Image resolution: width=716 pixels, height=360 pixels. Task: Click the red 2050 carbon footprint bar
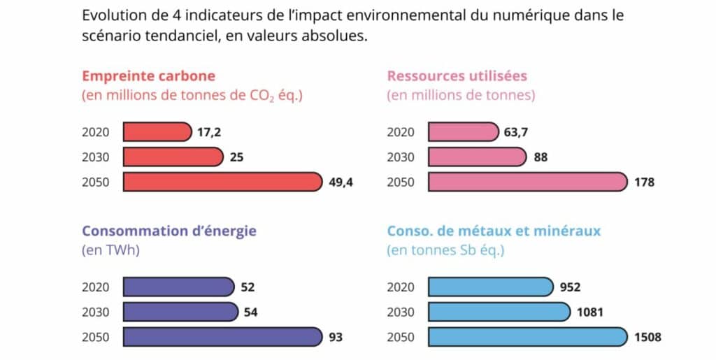pos(223,182)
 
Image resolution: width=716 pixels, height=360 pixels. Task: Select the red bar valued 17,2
pos(157,132)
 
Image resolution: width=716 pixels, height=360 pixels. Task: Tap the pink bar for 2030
pos(477,157)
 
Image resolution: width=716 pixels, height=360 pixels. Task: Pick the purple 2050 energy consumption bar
pos(223,337)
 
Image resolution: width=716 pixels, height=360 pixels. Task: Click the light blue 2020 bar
pos(491,287)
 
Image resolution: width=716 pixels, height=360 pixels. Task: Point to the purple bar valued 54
pos(181,312)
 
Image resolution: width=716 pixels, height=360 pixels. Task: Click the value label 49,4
pos(341,182)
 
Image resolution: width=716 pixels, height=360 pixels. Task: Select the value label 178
pos(644,182)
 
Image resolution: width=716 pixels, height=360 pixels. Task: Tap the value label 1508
pos(647,337)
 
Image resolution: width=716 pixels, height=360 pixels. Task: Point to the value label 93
pos(336,337)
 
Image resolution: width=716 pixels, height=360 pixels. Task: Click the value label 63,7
pos(516,132)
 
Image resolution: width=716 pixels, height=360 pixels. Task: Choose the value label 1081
pos(590,312)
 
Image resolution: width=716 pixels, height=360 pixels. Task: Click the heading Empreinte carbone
pos(148,76)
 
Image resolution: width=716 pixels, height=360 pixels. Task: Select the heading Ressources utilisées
pos(457,75)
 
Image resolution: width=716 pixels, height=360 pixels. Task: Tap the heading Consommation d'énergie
pos(169,231)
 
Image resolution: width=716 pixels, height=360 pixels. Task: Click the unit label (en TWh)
pos(111,250)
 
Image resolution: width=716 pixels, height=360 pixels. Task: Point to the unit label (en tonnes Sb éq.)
pos(445,250)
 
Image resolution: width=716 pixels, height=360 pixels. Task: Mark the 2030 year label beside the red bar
pos(96,157)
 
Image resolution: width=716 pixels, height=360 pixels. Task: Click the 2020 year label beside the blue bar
pos(401,287)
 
